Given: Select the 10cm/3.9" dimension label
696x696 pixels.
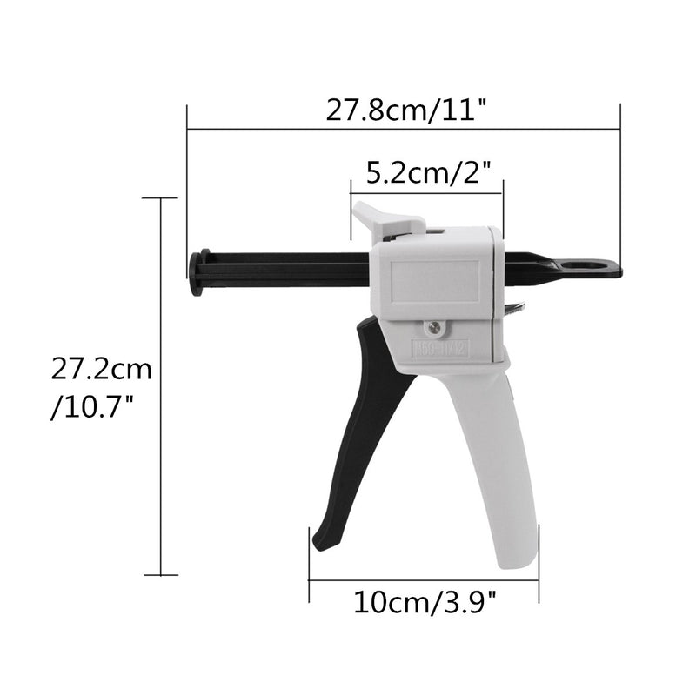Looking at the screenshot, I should [424, 600].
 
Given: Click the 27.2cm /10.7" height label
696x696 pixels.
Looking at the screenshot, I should [101, 388].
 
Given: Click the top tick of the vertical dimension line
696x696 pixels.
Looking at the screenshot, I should [161, 198].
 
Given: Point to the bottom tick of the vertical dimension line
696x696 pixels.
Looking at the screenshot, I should [161, 574].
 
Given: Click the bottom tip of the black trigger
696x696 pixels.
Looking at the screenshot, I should [321, 543].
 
